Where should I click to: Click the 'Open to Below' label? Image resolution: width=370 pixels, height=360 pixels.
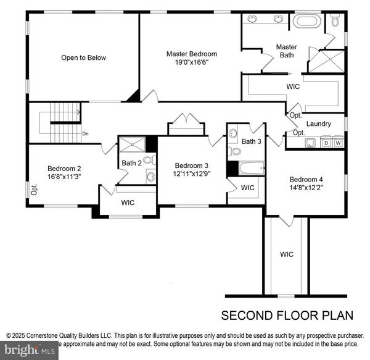coord(83,57)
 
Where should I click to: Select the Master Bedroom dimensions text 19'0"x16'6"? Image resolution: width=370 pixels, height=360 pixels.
coord(191,62)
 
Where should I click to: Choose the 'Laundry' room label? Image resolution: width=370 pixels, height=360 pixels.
coord(318,123)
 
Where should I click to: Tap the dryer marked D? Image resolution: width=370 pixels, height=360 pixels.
coord(326,143)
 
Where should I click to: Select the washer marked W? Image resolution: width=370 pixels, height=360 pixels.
coord(338,143)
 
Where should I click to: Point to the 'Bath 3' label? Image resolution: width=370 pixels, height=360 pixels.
coord(252,141)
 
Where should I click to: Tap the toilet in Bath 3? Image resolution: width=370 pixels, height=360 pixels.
coord(234,151)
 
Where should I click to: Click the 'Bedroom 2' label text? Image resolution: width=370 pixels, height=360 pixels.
coord(64,168)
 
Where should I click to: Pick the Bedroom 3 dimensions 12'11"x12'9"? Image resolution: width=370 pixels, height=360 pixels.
coord(192,174)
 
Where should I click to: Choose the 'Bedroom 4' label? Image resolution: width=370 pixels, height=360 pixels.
coord(306,180)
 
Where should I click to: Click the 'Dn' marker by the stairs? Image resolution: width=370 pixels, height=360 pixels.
coord(85,133)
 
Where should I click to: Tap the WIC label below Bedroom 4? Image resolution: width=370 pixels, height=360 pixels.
coord(287,254)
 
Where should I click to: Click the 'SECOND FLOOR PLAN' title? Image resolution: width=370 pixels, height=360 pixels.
coord(287,316)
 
